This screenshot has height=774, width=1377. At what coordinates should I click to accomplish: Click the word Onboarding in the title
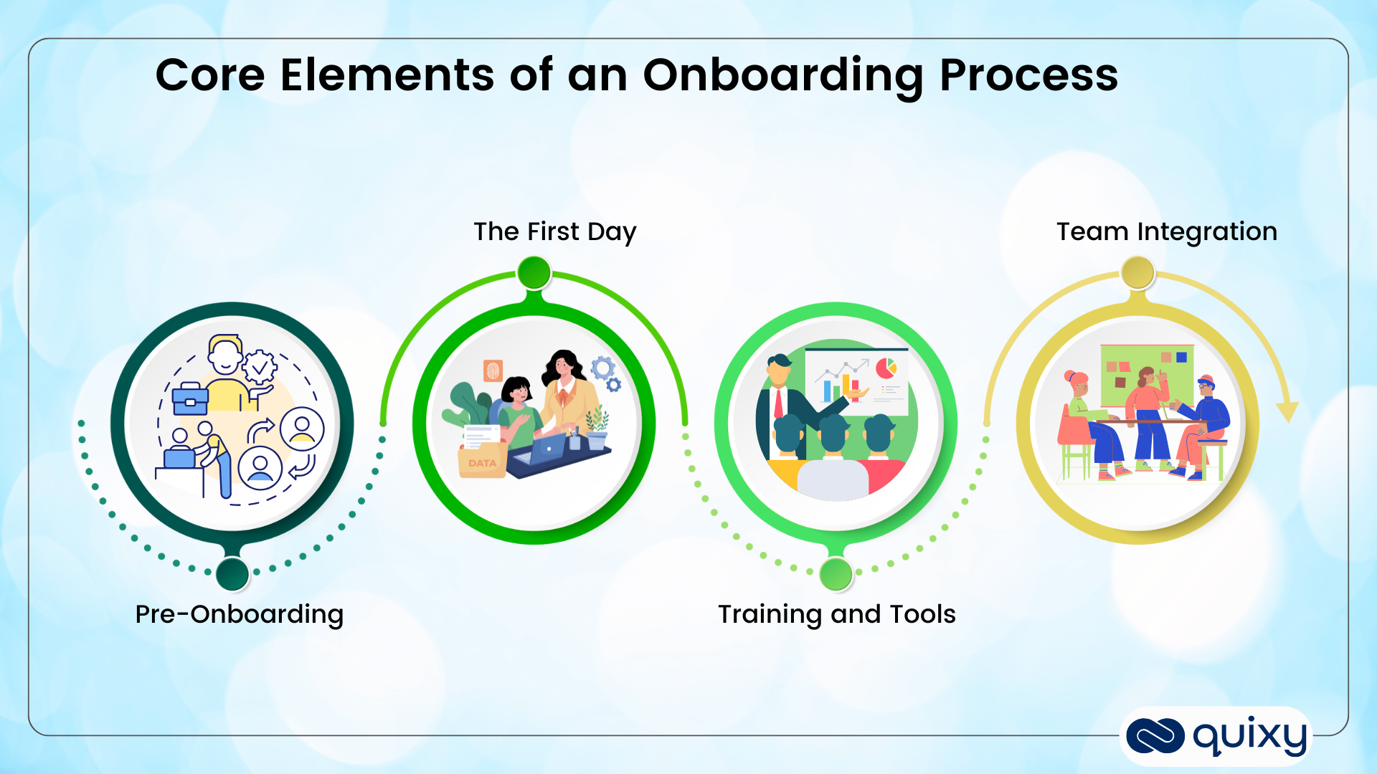click(x=783, y=76)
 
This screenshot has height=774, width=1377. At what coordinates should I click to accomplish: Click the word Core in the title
click(x=210, y=76)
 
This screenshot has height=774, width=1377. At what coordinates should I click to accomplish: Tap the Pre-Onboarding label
click(x=240, y=614)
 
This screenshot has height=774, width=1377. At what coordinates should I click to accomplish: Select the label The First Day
click(x=554, y=231)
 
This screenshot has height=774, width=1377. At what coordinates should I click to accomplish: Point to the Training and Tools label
click(x=837, y=614)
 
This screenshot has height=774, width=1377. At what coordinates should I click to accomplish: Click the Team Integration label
click(x=1167, y=231)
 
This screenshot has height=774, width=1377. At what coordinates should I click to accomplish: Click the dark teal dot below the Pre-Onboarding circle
click(x=232, y=573)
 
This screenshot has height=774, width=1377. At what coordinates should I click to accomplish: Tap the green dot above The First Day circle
click(x=534, y=272)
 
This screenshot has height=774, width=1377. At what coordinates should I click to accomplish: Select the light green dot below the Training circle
click(x=836, y=573)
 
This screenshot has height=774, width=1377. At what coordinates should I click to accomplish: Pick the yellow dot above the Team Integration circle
click(x=1138, y=272)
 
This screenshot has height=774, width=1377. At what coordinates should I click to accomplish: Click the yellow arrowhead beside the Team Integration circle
click(x=1287, y=411)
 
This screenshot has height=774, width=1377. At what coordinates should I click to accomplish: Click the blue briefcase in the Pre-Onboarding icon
click(x=190, y=398)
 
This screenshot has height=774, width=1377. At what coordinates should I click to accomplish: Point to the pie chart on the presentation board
click(x=886, y=368)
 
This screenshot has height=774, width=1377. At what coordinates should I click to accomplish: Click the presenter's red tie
click(x=778, y=403)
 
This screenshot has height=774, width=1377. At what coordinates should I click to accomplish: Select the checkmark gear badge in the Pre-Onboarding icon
click(x=259, y=368)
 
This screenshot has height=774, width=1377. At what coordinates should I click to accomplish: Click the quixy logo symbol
click(x=1155, y=736)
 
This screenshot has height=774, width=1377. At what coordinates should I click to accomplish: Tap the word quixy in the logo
click(x=1249, y=736)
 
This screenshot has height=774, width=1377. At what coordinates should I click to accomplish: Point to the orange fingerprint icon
click(x=493, y=371)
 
